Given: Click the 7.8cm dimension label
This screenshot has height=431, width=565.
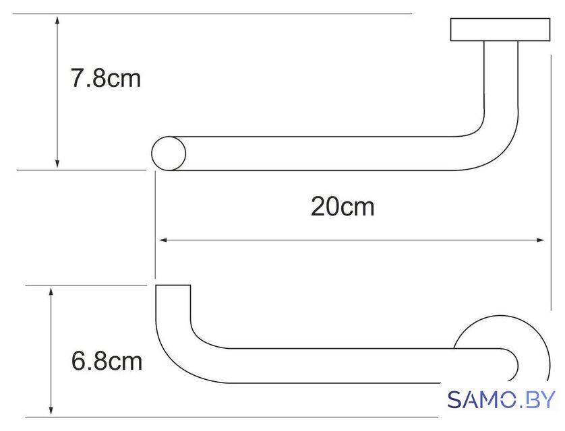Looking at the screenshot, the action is click(x=106, y=78).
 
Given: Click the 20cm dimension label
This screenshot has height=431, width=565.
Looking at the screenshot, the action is click(x=343, y=207).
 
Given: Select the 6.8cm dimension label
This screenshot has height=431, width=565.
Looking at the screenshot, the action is click(x=107, y=361).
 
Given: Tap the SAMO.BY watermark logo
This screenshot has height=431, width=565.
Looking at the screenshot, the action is click(x=501, y=399).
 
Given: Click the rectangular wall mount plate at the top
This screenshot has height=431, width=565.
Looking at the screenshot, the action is click(x=500, y=30).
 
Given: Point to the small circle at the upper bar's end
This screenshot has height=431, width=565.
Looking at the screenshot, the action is click(x=169, y=154).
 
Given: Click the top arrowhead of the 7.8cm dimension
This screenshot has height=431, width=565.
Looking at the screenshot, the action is click(x=57, y=20).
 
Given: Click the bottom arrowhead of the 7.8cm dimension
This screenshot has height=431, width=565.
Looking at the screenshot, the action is click(x=57, y=164).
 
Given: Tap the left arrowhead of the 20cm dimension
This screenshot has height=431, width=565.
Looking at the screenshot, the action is click(x=163, y=240).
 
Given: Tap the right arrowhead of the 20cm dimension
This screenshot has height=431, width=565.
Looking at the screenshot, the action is click(x=539, y=240).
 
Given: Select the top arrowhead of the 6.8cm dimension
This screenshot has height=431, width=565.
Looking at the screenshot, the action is click(x=51, y=292).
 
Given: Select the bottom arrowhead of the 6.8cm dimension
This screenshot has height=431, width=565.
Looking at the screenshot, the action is click(x=51, y=410).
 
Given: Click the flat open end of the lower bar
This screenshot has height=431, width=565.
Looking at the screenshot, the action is click(x=173, y=286).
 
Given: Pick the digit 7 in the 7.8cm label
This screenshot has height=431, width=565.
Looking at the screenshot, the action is click(x=77, y=78).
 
